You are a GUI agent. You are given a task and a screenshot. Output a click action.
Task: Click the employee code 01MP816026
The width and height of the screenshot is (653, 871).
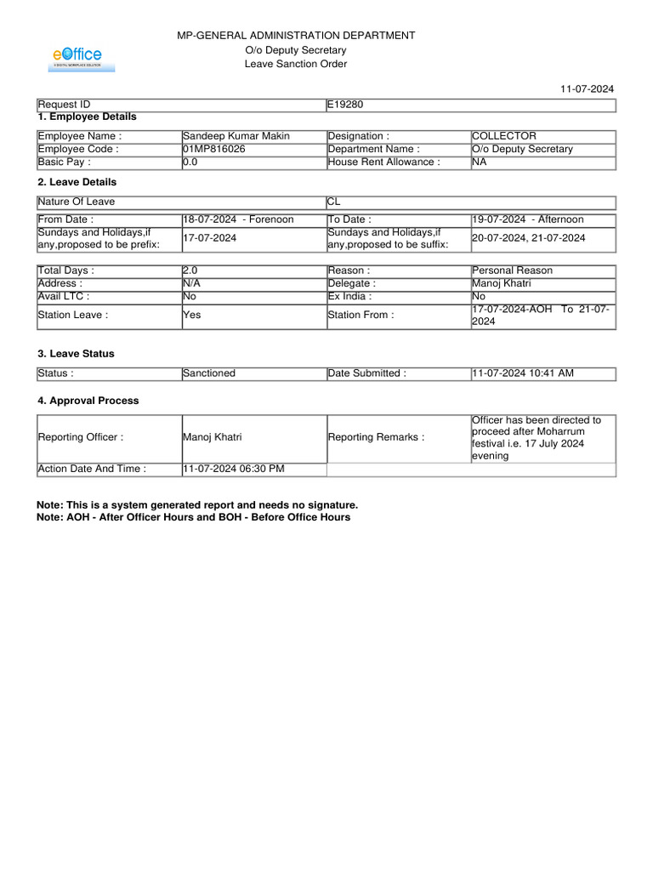pos(214,149)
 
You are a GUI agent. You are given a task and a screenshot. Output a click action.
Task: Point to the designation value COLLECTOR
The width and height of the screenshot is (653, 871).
pos(504,136)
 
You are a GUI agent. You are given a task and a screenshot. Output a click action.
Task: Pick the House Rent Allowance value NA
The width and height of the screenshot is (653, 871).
pos(480,162)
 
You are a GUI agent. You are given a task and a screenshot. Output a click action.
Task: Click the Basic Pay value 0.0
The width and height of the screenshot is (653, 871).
pos(190,162)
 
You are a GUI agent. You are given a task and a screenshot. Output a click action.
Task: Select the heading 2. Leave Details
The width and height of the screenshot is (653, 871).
pos(77,182)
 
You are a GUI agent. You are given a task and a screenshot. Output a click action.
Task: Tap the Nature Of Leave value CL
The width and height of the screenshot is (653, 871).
pos(334,202)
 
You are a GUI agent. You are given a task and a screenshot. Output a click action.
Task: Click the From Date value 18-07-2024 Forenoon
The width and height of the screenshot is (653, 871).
pos(238,219)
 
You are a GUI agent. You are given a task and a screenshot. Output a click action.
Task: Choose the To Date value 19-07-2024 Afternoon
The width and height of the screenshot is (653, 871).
pos(527,219)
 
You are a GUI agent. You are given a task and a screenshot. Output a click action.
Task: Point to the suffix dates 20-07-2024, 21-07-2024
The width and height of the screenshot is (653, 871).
pos(528,238)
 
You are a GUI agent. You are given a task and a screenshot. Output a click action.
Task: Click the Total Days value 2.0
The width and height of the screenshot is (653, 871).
pos(190,270)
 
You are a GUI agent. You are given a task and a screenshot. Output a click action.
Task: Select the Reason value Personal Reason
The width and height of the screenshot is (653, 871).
pos(512,270)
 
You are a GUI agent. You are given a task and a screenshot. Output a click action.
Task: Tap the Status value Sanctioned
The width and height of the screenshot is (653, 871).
pos(209,373)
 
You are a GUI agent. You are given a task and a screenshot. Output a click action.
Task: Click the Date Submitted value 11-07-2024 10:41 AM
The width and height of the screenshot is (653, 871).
pos(523,373)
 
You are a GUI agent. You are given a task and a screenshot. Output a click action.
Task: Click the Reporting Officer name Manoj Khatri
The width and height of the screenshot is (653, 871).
pos(213,437)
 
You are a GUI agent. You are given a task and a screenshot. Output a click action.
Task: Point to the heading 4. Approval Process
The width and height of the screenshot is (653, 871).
pos(88,401)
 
